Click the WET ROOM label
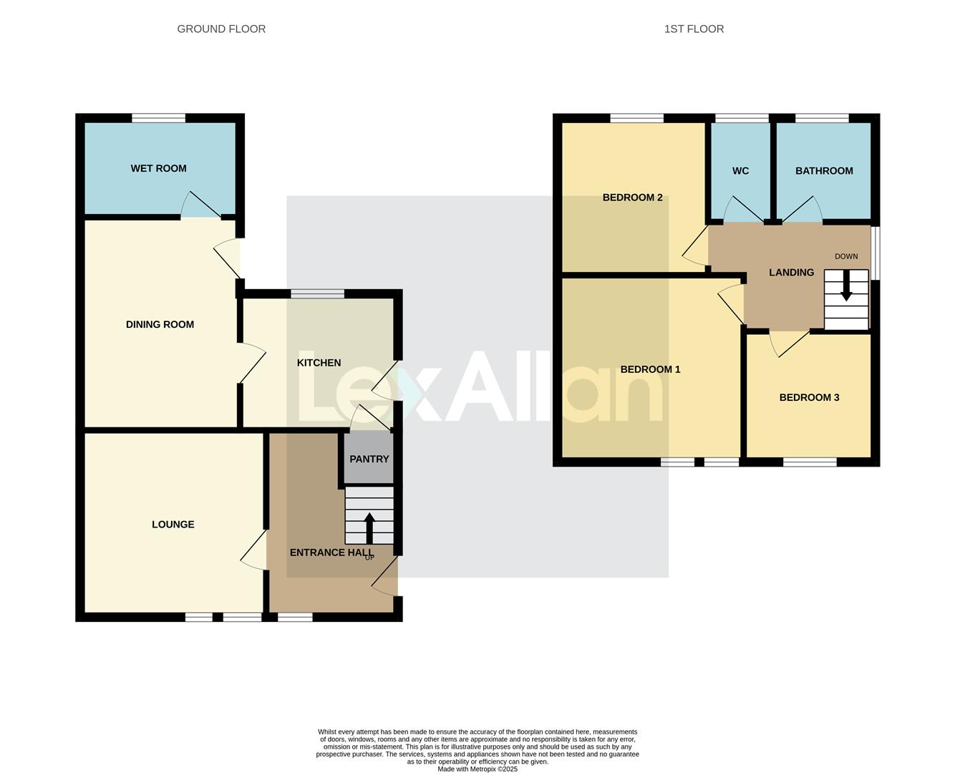click(158, 168)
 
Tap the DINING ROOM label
click(160, 324)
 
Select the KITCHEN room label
click(319, 363)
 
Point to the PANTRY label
click(369, 459)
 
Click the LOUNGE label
click(173, 525)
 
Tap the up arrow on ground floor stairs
click(369, 528)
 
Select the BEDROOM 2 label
click(632, 198)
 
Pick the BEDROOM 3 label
click(809, 397)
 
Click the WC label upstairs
click(740, 170)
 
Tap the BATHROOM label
click(824, 170)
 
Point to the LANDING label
click(791, 272)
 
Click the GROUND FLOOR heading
click(221, 29)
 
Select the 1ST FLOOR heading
click(694, 29)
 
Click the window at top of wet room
click(158, 118)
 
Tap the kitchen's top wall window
click(317, 293)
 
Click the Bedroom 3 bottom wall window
click(809, 462)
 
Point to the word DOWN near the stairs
click(845, 256)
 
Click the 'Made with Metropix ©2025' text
click(477, 769)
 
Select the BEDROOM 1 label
click(650, 369)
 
